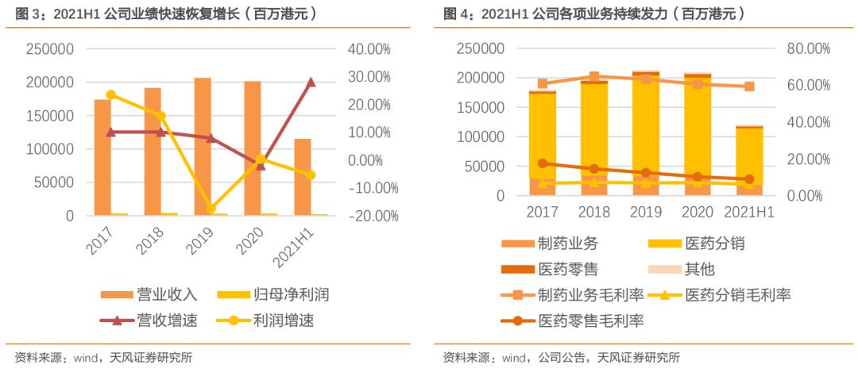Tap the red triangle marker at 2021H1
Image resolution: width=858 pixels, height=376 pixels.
311,82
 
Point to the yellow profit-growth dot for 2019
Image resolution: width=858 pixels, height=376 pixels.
211,209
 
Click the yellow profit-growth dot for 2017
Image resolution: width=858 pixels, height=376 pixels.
110,95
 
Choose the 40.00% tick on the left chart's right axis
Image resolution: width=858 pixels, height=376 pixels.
369,49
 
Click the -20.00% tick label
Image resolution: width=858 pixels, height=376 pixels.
368,216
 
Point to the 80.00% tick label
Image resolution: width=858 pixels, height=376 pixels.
807,49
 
